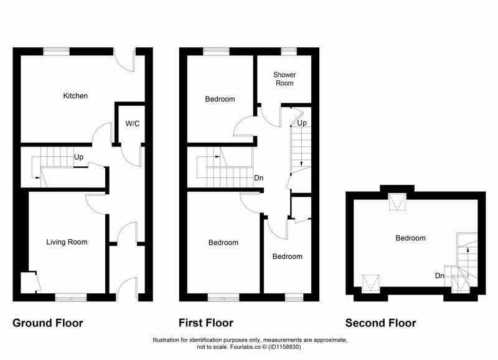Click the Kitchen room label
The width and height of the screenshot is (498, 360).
coord(75,96)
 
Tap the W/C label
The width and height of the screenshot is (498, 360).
coord(133,124)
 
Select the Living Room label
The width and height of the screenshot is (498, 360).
coord(67,242)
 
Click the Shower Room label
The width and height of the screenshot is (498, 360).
coord(284,78)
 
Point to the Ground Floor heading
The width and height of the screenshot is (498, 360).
coord(48,323)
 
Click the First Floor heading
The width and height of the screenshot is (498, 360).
coord(206,323)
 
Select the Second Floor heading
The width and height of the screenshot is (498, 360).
coord(381,323)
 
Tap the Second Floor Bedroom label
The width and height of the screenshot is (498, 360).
coord(410,238)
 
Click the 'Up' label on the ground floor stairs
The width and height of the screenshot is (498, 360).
coord(79,157)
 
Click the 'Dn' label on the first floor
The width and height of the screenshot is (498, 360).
coord(259,178)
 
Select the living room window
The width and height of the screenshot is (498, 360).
coord(70,298)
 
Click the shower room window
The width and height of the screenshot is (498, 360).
coord(288,51)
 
